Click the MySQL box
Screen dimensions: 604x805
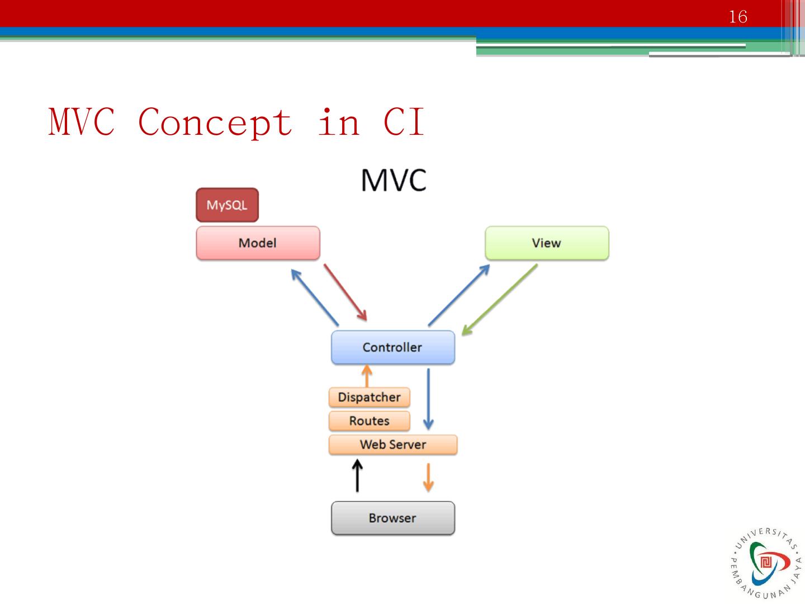[227, 205]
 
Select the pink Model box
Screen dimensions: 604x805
[258, 243]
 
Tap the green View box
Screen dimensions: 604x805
[546, 243]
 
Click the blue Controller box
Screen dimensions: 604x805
[392, 347]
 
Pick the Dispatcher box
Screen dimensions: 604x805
[369, 397]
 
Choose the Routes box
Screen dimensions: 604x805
[369, 421]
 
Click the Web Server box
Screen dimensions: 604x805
[392, 445]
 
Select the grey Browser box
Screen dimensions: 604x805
[392, 518]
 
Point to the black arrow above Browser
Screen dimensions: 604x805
[357, 476]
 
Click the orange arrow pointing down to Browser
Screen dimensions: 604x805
[428, 477]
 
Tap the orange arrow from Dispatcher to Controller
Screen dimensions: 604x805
[367, 376]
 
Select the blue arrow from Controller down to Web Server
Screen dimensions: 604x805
[428, 399]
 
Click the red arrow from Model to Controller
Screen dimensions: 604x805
[345, 292]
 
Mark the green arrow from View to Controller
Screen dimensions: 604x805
[499, 300]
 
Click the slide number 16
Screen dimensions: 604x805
[738, 17]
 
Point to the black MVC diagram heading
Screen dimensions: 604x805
[394, 180]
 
